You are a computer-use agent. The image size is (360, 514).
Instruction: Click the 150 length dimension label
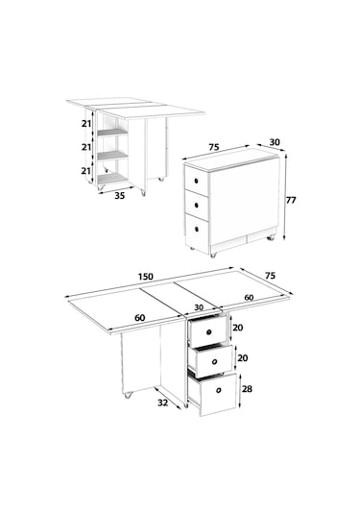(146, 277)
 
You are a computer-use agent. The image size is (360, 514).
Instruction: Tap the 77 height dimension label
(291, 200)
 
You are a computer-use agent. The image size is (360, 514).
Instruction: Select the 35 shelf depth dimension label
(120, 196)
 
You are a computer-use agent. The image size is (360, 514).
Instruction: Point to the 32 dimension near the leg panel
(163, 403)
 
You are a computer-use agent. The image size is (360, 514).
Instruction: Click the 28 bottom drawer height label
(247, 389)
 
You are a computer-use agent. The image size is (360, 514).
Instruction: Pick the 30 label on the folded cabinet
(275, 142)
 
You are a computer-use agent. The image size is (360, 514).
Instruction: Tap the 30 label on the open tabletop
(199, 307)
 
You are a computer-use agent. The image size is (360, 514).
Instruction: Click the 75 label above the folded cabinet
(213, 147)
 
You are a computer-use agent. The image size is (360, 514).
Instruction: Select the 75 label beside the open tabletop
(270, 276)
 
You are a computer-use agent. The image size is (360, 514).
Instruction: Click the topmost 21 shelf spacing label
(86, 124)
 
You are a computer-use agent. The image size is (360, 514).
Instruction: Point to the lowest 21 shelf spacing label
(86, 171)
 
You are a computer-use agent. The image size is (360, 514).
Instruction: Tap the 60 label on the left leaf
(140, 318)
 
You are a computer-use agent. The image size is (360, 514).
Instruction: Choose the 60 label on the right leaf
(249, 297)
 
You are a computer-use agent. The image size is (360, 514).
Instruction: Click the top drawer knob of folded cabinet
(196, 181)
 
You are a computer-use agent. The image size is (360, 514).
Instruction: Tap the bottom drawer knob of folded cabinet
(197, 229)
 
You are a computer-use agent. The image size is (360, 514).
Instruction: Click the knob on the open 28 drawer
(219, 390)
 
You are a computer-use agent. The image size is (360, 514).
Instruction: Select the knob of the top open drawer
(208, 332)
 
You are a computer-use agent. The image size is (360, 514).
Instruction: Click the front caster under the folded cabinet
(213, 255)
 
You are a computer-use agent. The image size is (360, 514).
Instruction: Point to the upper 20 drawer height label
(238, 328)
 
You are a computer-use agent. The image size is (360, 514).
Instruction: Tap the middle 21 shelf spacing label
(86, 148)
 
